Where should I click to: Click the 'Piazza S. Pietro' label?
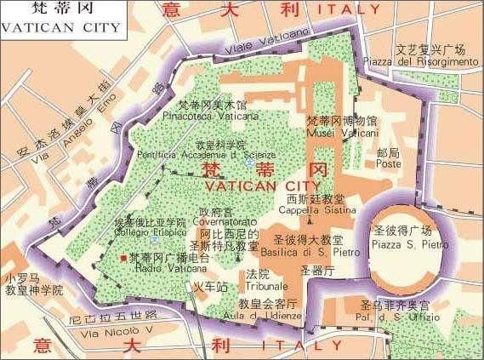click(405, 244)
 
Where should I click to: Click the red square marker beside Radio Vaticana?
click(123, 257)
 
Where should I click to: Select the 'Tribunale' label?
click(259, 287)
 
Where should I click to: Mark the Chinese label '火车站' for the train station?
click(210, 287)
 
